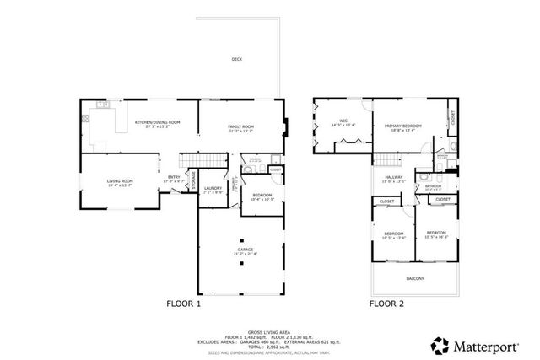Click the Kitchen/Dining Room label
tap(158, 123)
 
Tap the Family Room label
tap(240, 127)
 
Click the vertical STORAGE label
tap(193, 180)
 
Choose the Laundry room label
tap(212, 188)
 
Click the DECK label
tap(239, 59)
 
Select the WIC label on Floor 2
tap(343, 121)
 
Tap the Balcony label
tap(414, 279)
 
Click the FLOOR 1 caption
tap(184, 304)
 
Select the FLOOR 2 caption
tap(386, 304)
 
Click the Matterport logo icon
tap(440, 344)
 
